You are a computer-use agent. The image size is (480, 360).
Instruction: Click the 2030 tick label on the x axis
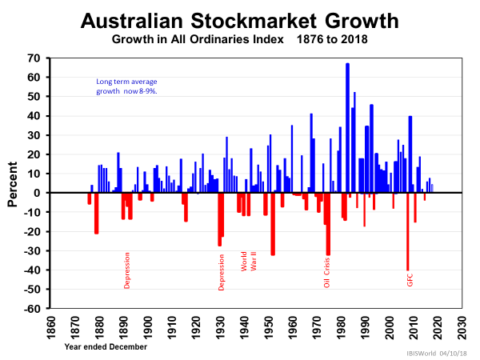[462, 327]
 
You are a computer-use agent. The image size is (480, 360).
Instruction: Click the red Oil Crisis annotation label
[326, 272]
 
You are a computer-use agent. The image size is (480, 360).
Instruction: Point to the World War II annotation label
[249, 262]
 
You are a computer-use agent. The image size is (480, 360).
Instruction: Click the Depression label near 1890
[126, 270]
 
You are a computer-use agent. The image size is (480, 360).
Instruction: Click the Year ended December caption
[106, 346]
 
